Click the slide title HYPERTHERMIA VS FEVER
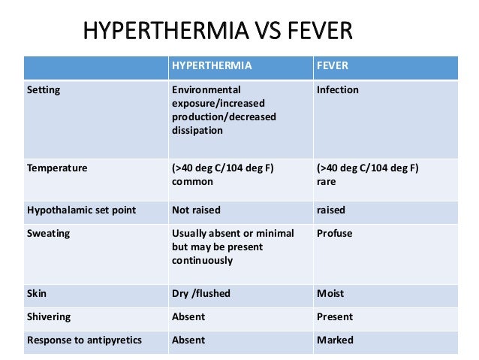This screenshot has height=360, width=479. [x=217, y=32]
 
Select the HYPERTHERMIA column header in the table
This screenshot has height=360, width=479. [x=212, y=65]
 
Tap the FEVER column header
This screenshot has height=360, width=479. [x=333, y=65]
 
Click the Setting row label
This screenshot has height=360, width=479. [x=44, y=90]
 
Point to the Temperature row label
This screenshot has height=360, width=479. [x=57, y=168]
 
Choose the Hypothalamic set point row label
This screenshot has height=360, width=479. [x=81, y=210]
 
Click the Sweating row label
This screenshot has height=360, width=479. [x=48, y=234]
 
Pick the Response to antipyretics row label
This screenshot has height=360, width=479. [x=84, y=340]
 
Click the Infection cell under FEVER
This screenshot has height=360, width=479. [x=338, y=90]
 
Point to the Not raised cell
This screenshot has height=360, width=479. [x=196, y=210]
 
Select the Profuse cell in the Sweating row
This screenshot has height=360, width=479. [x=334, y=234]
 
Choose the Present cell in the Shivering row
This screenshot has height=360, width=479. [x=335, y=317]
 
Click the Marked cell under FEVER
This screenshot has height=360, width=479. [x=335, y=340]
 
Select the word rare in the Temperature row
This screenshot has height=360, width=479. [x=327, y=182]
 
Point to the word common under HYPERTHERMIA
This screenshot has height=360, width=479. [x=192, y=182]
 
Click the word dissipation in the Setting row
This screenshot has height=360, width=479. [x=197, y=131]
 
